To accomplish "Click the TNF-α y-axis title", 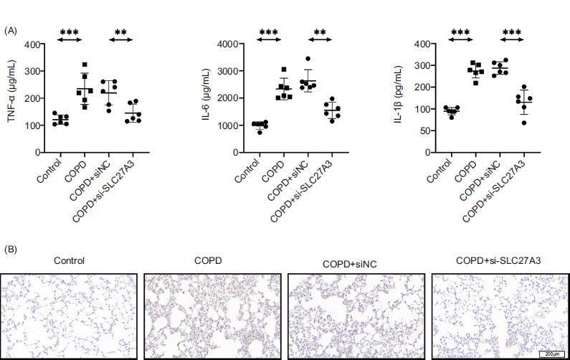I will pyautogui.click(x=13, y=98).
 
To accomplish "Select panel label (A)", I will pyautogui.click(x=11, y=30).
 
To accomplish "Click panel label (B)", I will pyautogui.click(x=11, y=250).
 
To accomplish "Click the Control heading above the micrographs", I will pyautogui.click(x=70, y=260).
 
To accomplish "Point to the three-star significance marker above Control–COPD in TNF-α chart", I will pyautogui.click(x=70, y=32).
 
